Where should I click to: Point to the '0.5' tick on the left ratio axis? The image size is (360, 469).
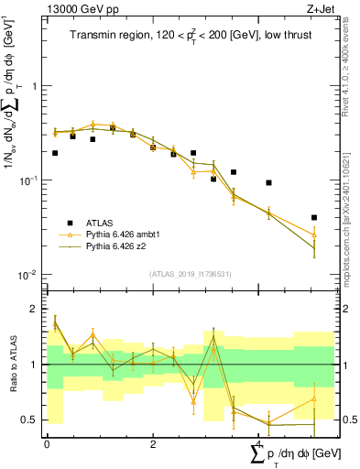[x=29, y=420]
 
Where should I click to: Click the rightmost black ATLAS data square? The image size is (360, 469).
[x=314, y=218]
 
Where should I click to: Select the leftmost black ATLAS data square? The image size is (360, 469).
[x=55, y=153]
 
